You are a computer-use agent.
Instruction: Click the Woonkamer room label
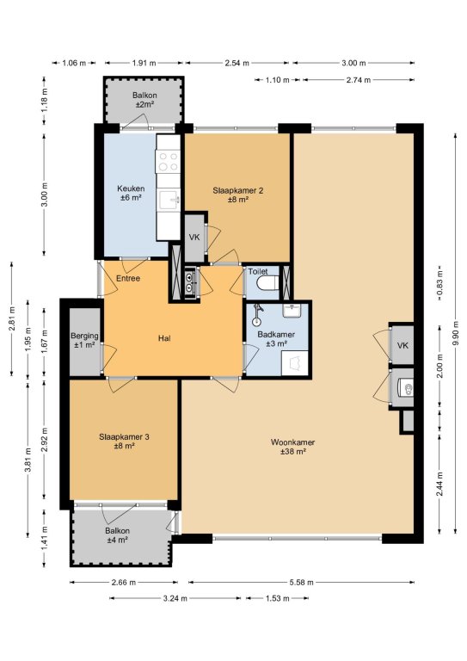(292, 447)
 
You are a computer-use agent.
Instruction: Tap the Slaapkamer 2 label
(238, 195)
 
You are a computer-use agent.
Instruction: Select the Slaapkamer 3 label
(124, 442)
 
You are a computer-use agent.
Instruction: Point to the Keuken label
(131, 193)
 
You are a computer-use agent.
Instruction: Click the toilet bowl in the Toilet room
(268, 283)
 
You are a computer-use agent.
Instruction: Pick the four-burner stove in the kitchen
(168, 162)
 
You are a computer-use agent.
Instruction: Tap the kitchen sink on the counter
(169, 200)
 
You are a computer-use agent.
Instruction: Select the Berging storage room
(84, 342)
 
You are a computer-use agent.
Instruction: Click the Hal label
(164, 338)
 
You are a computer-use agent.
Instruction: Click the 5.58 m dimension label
(301, 583)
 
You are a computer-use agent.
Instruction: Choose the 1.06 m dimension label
(74, 63)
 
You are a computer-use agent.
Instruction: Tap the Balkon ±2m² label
(144, 100)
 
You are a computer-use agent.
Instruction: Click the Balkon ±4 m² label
(117, 535)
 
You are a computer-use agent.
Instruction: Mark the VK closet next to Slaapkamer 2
(194, 238)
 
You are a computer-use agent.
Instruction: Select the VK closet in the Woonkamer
(402, 346)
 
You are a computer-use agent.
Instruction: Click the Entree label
(128, 278)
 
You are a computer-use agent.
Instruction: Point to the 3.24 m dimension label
(175, 598)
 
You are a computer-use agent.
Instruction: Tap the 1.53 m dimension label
(278, 598)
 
